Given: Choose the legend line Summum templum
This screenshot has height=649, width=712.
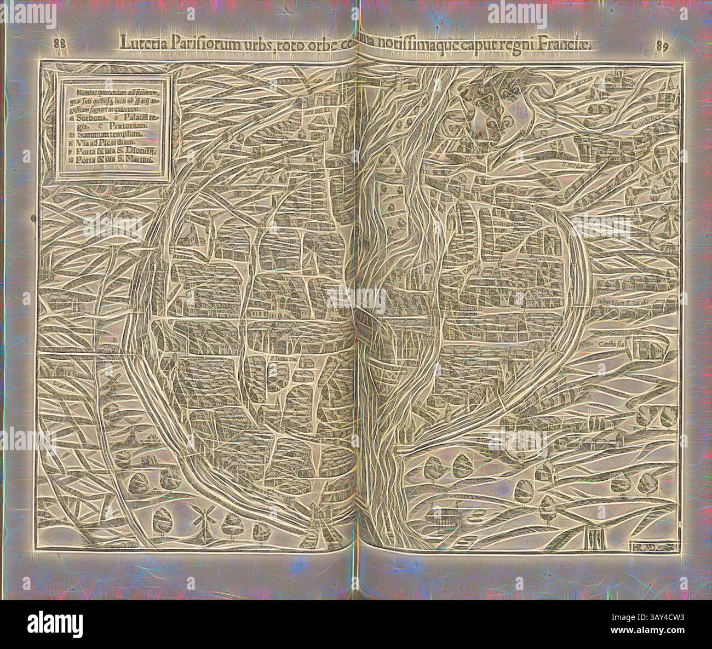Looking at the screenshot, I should click(x=104, y=133).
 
